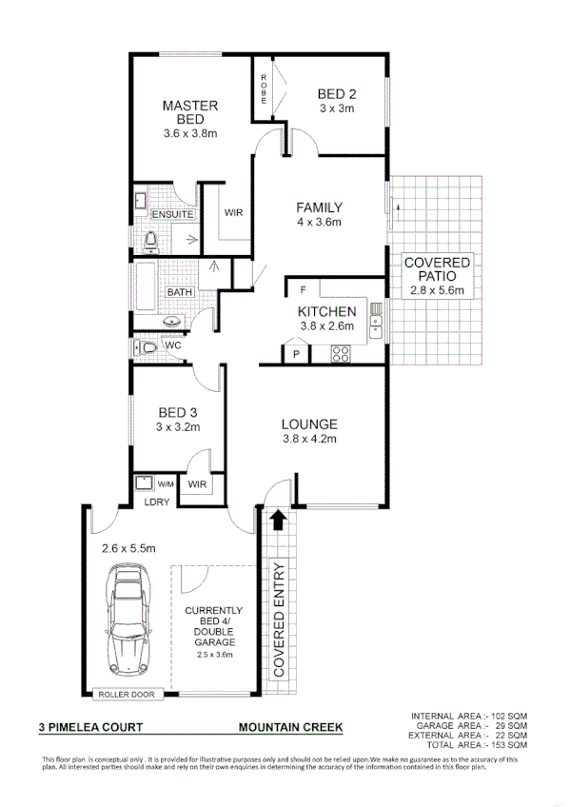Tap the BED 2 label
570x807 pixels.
336,93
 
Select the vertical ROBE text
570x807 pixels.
264,90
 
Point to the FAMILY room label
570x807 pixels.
319,207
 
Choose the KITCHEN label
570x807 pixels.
327,312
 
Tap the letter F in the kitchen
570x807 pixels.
302,288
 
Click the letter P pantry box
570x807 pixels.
296,354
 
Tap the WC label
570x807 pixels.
173,345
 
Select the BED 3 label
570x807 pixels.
178,412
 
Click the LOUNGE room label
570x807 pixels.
309,424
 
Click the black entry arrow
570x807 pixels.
278,520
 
